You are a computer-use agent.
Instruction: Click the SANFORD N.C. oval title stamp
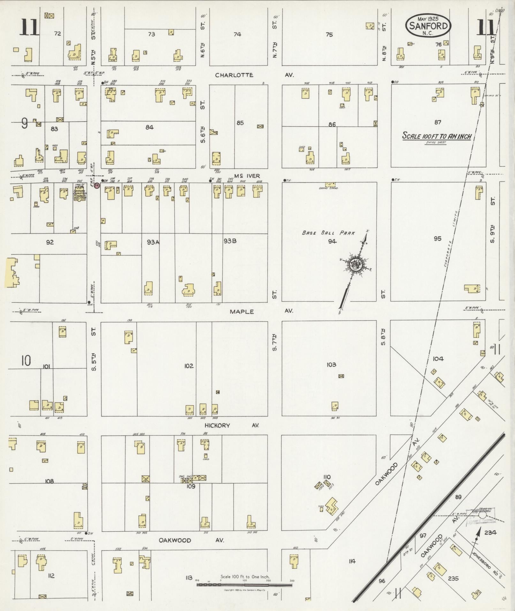428,26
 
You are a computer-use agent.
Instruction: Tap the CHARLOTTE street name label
234,75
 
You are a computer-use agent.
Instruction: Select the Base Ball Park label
328,233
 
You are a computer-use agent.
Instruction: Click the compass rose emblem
355,264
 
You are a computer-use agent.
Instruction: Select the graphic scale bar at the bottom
244,584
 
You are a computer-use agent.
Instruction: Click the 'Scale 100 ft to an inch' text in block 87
436,136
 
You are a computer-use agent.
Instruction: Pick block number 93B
230,241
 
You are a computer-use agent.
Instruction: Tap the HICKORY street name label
217,425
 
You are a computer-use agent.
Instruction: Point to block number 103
331,364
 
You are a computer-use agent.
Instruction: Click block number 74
237,34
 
